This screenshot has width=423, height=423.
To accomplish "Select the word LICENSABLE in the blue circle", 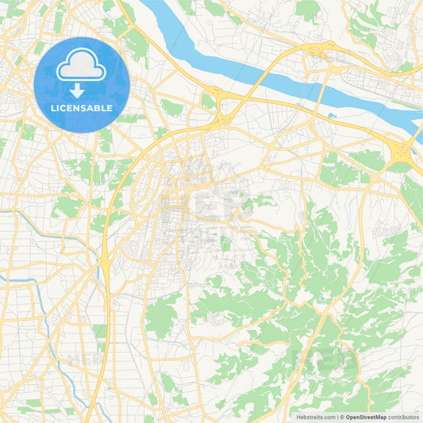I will click(81, 106).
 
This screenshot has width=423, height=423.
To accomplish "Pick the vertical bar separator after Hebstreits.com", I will click(336, 417).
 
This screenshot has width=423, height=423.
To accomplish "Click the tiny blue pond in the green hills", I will click(322, 299).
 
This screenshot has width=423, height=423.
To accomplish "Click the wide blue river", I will click(262, 75).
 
